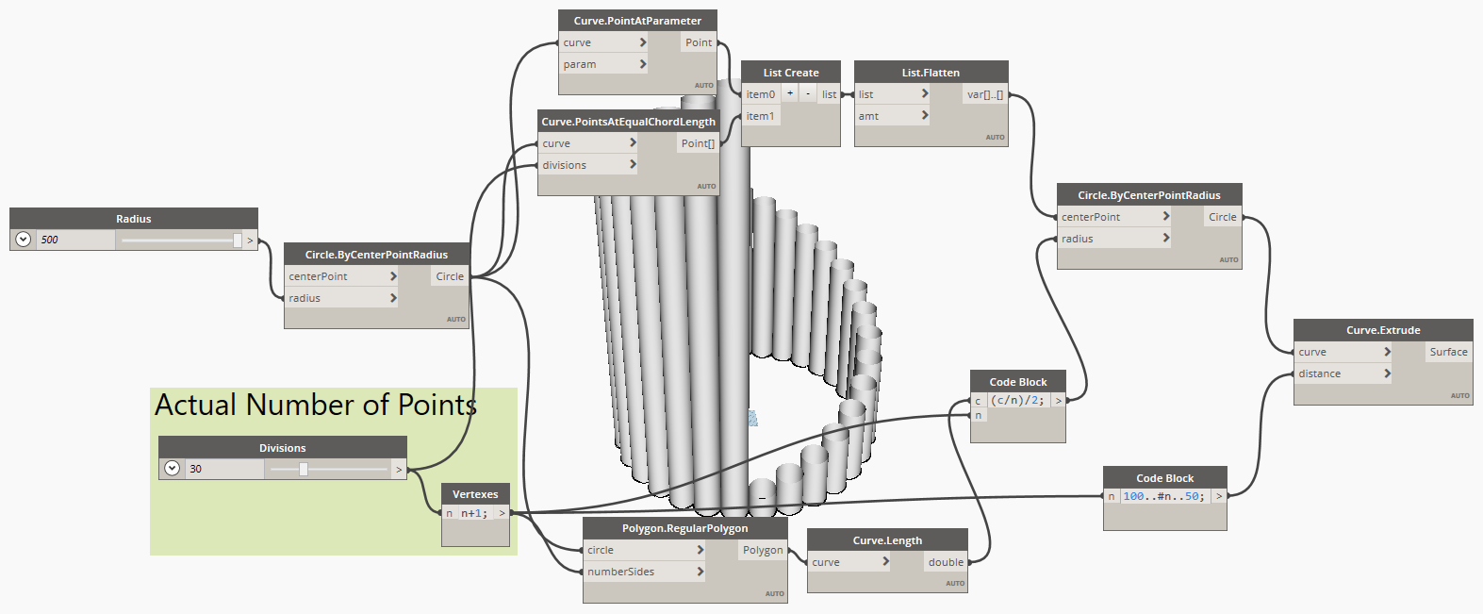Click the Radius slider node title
(x=133, y=219)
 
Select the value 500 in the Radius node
(x=50, y=240)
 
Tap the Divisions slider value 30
(x=196, y=469)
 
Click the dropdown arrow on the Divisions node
(x=172, y=469)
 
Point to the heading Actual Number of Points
(x=315, y=406)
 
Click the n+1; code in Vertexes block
(x=473, y=513)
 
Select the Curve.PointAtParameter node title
(x=637, y=21)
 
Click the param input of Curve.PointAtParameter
(x=580, y=64)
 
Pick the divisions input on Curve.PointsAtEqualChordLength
(x=565, y=165)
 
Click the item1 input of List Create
(x=760, y=116)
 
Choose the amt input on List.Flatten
(x=868, y=116)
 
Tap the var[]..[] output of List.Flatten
(x=985, y=94)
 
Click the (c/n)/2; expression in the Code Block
(x=1017, y=400)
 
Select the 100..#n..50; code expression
(x=1163, y=496)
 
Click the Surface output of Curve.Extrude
(x=1448, y=352)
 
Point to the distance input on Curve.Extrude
(x=1319, y=373)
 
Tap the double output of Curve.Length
(x=946, y=562)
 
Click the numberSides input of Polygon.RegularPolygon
(x=620, y=572)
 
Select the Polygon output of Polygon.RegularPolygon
(x=763, y=550)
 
